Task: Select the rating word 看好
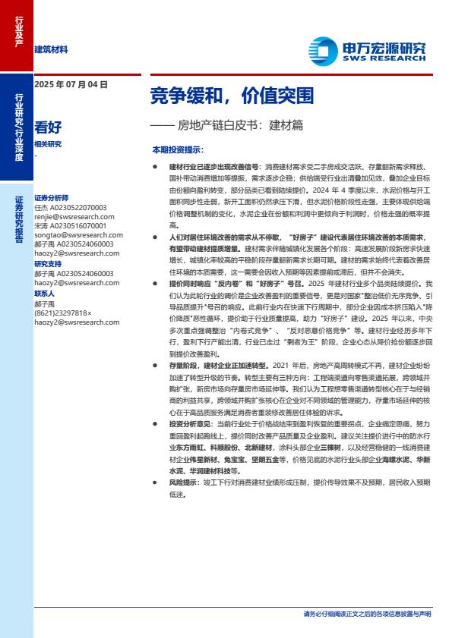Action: [x=48, y=127]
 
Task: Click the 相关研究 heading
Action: [x=48, y=144]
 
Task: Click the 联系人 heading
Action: [x=45, y=293]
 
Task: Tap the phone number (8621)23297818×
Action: [x=63, y=312]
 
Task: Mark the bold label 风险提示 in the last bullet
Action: [x=183, y=482]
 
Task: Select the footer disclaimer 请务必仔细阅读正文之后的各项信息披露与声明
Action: [x=367, y=613]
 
